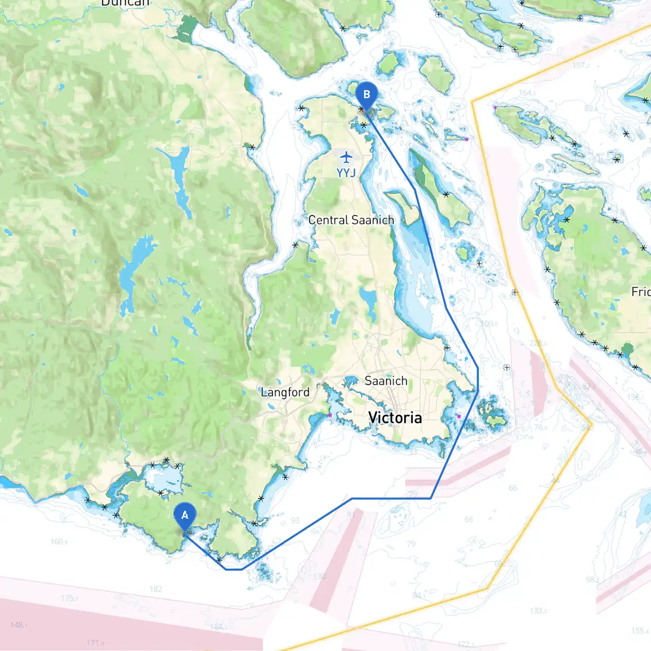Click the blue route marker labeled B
point(366,95)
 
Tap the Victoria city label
point(395,418)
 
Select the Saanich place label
point(386,380)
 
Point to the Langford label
point(285,392)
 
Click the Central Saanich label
point(351,220)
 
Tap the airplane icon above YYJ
point(346,157)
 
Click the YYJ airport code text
point(346,173)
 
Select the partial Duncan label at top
point(125,3)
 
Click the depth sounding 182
point(156,589)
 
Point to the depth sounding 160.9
point(59,541)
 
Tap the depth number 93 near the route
point(295,520)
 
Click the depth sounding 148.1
point(19,625)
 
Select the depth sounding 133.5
point(538,610)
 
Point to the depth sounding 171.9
point(95,643)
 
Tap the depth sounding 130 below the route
point(319,576)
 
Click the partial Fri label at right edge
point(640,291)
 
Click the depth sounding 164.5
point(527,93)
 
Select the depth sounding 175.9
point(69,598)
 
